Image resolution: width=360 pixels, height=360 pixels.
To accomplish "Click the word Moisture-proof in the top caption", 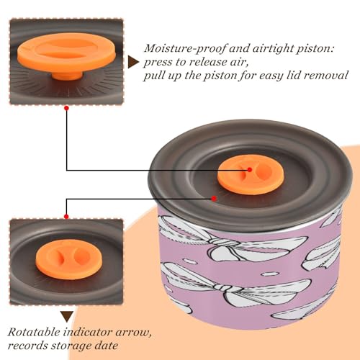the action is [185, 48].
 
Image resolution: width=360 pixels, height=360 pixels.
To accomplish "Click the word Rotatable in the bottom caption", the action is [34, 332].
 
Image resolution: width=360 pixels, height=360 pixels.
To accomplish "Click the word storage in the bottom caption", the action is [71, 346].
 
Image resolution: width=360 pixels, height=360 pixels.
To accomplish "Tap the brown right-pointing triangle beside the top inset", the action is [133, 62].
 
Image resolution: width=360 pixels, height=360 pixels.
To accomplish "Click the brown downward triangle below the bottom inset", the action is [67, 317].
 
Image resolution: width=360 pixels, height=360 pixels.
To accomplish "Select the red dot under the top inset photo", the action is [67, 108].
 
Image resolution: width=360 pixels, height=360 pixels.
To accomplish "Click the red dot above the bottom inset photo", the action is [66, 217].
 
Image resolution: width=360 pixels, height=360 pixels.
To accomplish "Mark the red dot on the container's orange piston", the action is [250, 170].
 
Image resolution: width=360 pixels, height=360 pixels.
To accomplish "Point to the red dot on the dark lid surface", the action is [214, 199].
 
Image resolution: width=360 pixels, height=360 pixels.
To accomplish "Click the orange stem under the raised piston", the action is [67, 76].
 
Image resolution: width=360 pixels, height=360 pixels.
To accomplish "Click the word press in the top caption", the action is [158, 63].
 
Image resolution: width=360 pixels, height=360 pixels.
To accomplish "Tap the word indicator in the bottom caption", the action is [88, 332].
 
